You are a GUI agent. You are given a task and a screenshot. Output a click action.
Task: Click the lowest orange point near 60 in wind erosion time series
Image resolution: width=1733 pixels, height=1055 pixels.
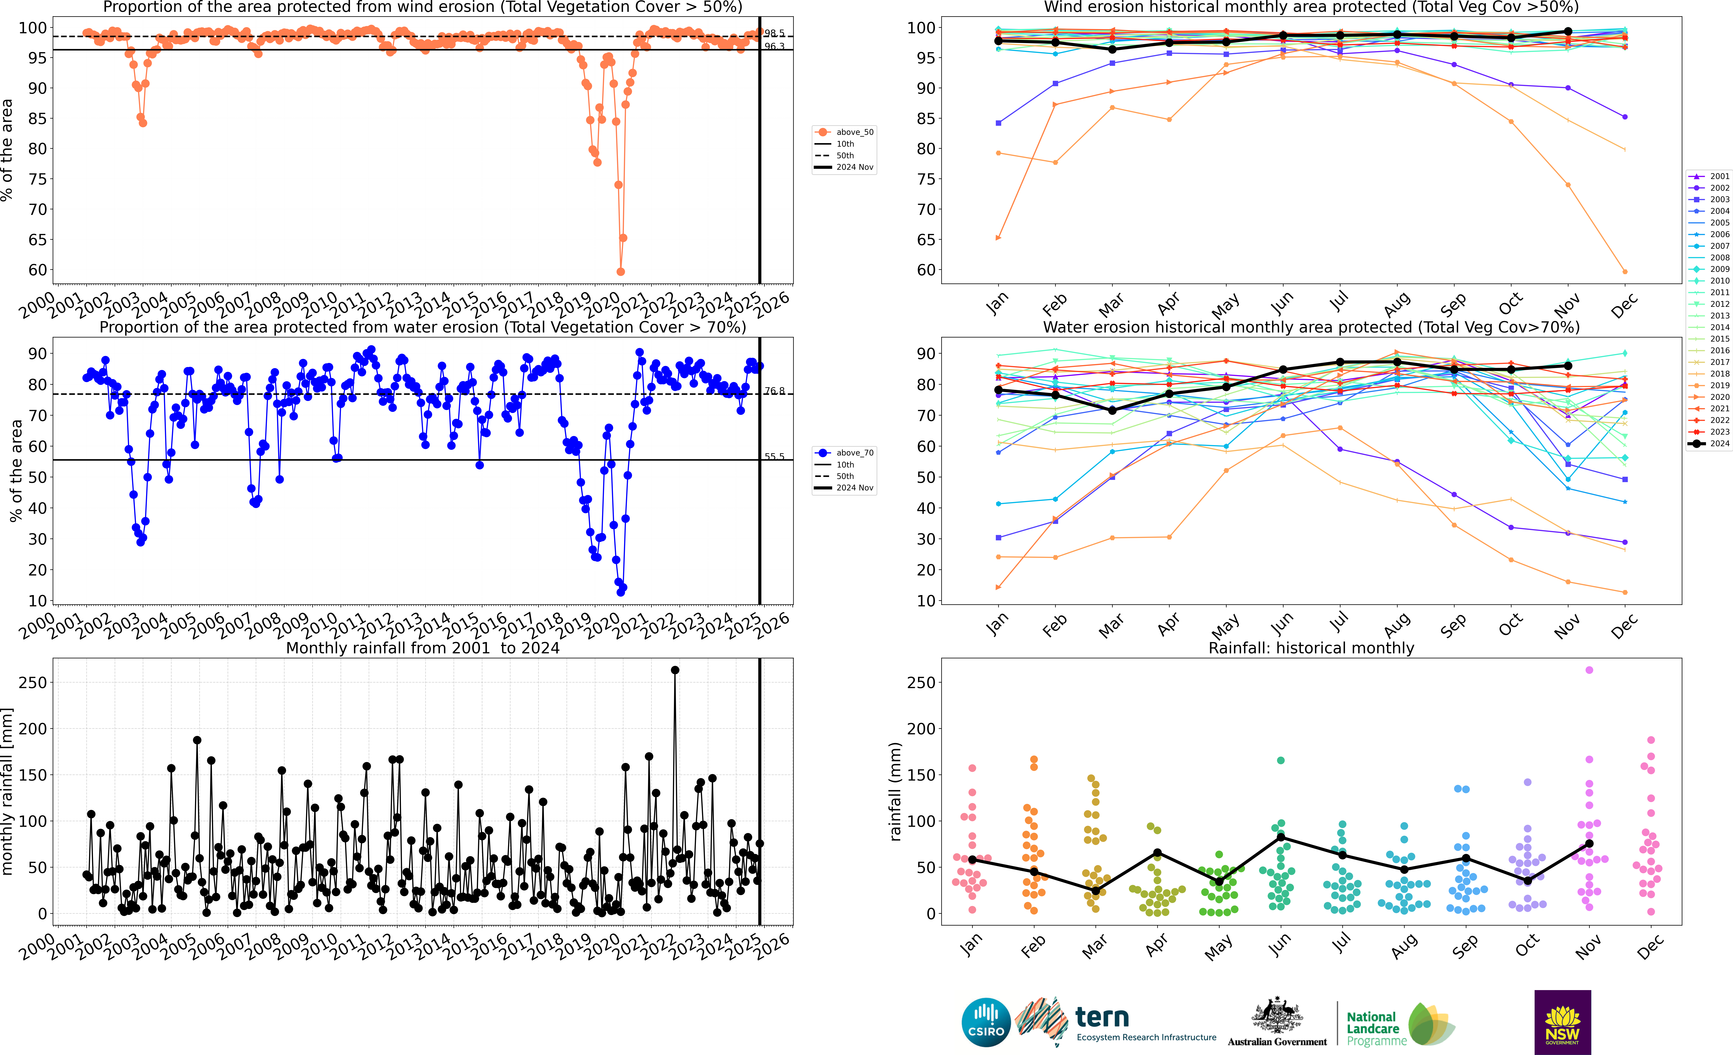[x=620, y=271]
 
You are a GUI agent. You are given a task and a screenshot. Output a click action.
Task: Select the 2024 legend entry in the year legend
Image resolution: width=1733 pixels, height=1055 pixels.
[x=1709, y=444]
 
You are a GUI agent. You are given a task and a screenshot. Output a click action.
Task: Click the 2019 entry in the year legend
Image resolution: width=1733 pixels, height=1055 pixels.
[x=1709, y=385]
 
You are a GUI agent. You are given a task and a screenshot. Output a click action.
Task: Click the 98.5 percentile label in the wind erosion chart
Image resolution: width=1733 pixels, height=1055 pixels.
[x=774, y=33]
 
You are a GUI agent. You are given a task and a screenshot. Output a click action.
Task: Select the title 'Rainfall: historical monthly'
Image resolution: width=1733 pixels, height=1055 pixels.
[x=1311, y=648]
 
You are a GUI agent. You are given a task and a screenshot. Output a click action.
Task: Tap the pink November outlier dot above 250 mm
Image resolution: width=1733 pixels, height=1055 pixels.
[x=1589, y=670]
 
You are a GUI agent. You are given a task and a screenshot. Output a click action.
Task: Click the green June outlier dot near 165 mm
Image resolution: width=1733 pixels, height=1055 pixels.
[x=1281, y=760]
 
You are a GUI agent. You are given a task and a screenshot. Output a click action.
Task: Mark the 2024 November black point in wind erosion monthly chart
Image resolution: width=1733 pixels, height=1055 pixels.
[x=1568, y=32]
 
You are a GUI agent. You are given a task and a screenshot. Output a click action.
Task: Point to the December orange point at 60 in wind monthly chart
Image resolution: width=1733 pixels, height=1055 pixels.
[x=1625, y=271]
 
